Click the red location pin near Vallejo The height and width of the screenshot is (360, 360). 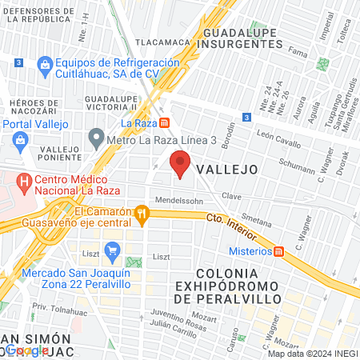[x=181, y=165]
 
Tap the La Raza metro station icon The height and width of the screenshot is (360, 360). [x=163, y=123]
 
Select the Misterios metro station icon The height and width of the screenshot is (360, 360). [x=279, y=250]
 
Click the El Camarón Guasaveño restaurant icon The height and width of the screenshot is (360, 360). [x=142, y=213]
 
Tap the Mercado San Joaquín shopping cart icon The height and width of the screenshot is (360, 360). [x=112, y=250]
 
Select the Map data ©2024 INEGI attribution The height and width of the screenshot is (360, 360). [x=313, y=354]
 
